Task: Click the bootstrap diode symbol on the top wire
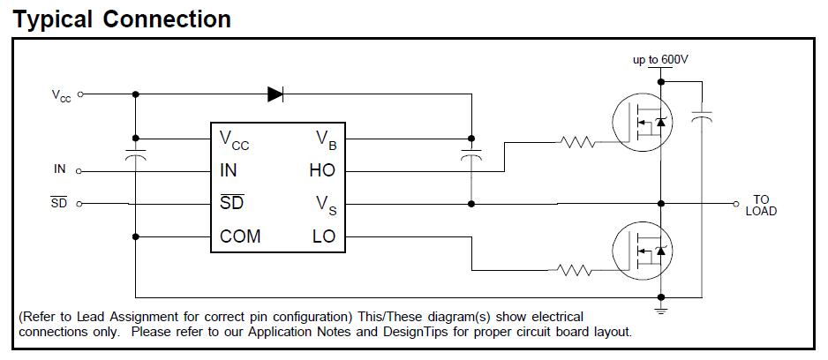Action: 275,94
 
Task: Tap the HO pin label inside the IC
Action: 322,171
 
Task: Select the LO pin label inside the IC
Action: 323,236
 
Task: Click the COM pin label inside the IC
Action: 240,236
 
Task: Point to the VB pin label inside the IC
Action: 324,139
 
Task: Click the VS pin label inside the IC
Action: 326,204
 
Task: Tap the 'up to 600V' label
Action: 660,60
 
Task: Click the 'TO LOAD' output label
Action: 760,206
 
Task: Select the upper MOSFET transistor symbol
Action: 644,125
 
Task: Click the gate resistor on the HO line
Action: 577,140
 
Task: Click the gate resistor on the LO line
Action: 577,270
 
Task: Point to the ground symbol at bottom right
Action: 661,309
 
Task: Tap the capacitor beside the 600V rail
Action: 703,116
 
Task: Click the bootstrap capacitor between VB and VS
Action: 471,157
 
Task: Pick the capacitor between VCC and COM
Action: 135,157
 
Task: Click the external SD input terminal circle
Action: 80,204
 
